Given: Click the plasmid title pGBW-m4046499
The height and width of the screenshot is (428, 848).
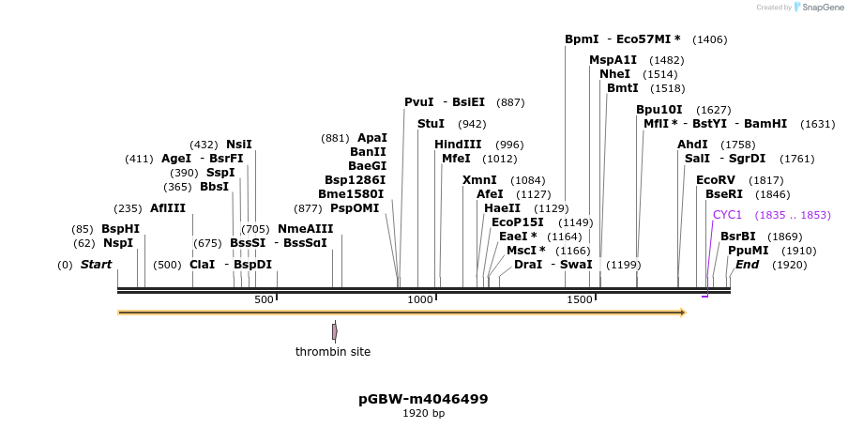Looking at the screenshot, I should [x=423, y=399].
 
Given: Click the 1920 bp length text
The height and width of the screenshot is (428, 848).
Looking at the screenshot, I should [x=423, y=413].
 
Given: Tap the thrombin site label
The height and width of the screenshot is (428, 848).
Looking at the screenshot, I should [x=333, y=352].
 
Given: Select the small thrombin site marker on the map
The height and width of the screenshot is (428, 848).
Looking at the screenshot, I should [x=335, y=331].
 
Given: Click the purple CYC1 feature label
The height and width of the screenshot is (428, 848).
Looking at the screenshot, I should [x=727, y=215].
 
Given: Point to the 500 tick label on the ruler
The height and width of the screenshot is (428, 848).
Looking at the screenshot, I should [x=264, y=299].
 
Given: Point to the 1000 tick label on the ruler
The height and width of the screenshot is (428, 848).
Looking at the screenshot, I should [x=420, y=299].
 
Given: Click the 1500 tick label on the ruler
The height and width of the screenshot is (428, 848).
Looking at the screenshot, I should [x=580, y=299].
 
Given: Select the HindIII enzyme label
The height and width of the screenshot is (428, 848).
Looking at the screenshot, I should [x=458, y=145].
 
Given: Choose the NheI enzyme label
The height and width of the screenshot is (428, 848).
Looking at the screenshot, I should [x=614, y=74].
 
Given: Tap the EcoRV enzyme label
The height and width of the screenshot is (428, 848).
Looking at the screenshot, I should [x=715, y=180].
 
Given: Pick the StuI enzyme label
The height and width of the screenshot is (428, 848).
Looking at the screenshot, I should [x=431, y=124].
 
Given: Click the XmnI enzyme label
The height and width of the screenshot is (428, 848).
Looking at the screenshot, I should [x=479, y=180].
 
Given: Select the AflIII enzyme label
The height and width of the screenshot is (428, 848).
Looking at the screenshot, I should [x=168, y=208].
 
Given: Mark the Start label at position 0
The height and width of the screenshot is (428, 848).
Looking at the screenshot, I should [x=96, y=265].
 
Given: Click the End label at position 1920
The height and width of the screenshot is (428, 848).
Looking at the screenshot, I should [x=747, y=265].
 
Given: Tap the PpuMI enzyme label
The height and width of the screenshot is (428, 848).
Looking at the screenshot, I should [x=748, y=251].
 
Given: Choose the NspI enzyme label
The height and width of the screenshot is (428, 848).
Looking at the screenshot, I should [x=118, y=243].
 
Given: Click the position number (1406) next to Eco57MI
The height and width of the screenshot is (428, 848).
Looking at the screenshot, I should [x=709, y=39].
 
